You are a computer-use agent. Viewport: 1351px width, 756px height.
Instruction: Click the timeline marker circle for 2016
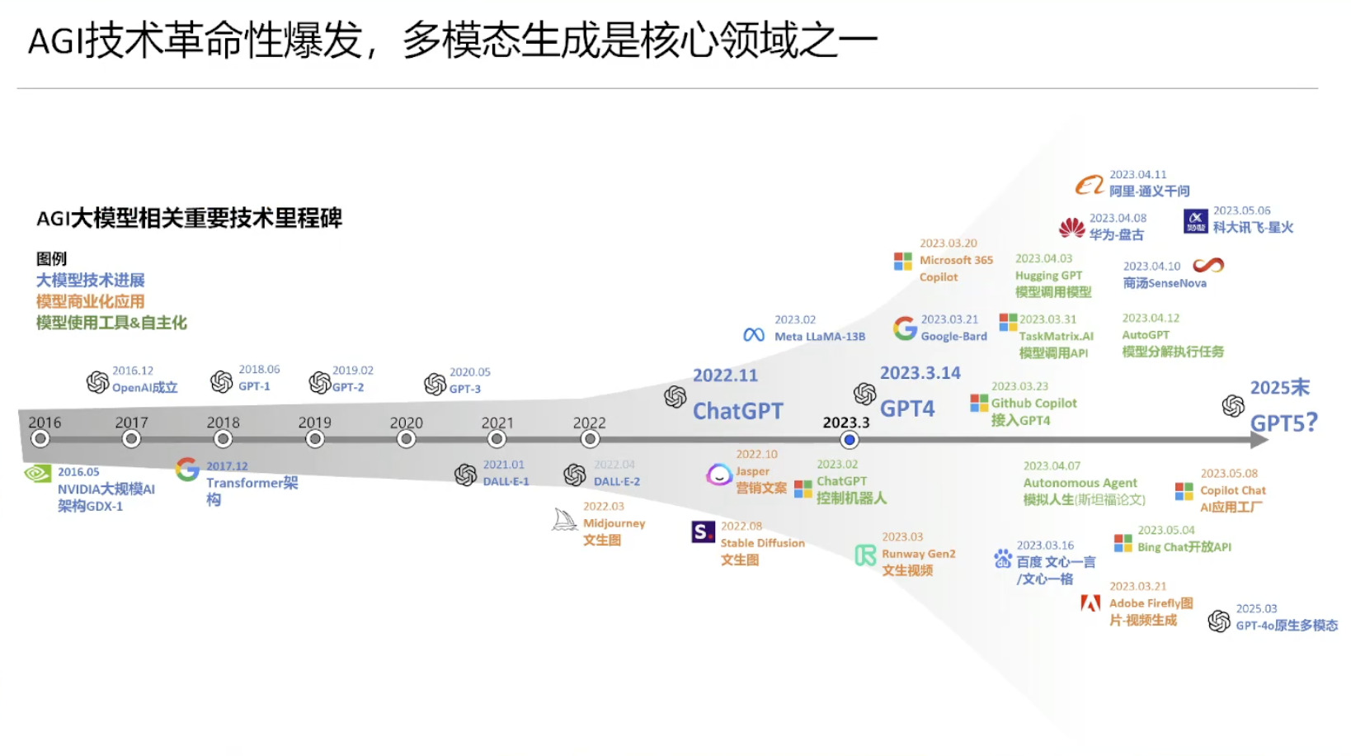pyautogui.click(x=40, y=439)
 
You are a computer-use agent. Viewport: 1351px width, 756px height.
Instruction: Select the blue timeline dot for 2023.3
pyautogui.click(x=849, y=440)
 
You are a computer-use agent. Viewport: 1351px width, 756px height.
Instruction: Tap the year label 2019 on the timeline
pyautogui.click(x=314, y=422)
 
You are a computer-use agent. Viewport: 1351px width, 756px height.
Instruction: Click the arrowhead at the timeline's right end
pyautogui.click(x=1259, y=440)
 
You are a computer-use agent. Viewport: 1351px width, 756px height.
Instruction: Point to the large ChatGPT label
pyautogui.click(x=737, y=410)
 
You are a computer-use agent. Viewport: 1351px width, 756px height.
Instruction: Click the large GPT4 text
pyautogui.click(x=907, y=409)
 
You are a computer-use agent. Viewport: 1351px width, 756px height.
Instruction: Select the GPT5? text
pyautogui.click(x=1283, y=423)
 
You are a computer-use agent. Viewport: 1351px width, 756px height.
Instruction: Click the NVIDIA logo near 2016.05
pyautogui.click(x=38, y=473)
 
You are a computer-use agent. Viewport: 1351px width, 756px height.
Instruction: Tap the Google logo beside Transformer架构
pyautogui.click(x=187, y=469)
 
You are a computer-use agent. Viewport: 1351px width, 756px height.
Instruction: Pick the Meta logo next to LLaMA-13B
pyautogui.click(x=754, y=335)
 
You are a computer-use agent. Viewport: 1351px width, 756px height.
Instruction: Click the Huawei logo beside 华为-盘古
pyautogui.click(x=1071, y=227)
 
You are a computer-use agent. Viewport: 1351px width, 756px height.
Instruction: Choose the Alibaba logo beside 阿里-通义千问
pyautogui.click(x=1089, y=185)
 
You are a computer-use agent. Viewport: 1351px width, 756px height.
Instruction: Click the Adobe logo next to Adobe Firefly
pyautogui.click(x=1090, y=603)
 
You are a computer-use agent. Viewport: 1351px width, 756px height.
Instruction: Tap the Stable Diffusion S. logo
pyautogui.click(x=703, y=532)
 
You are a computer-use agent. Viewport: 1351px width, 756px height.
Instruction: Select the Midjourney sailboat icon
pyautogui.click(x=565, y=519)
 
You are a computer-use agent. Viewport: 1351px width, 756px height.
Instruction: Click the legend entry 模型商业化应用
pyautogui.click(x=90, y=301)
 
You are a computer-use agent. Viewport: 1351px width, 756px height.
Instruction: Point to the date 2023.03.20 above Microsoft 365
pyautogui.click(x=948, y=243)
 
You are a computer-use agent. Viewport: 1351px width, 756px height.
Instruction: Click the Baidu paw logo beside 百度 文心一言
pyautogui.click(x=1002, y=559)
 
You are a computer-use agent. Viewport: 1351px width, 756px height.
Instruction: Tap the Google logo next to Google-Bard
pyautogui.click(x=905, y=328)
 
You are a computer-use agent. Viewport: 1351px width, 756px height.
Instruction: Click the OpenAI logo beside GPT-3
pyautogui.click(x=435, y=384)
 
